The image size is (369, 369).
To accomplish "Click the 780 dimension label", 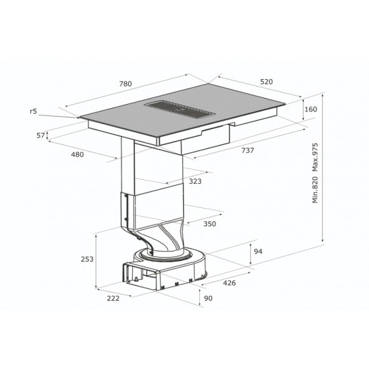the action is [x=125, y=84].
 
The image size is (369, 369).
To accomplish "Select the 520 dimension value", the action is [x=266, y=82].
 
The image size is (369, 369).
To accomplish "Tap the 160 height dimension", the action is [x=311, y=109].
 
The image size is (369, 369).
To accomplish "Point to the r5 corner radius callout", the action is [x=34, y=111].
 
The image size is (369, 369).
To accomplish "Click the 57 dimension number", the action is [x=41, y=136].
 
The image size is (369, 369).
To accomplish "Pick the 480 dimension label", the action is [x=77, y=154].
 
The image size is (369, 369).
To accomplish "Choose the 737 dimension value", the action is [x=248, y=150].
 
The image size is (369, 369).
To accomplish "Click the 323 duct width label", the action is [x=195, y=181].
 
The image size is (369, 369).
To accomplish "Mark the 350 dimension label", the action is [x=210, y=224].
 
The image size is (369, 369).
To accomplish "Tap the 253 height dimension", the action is [x=87, y=259].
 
